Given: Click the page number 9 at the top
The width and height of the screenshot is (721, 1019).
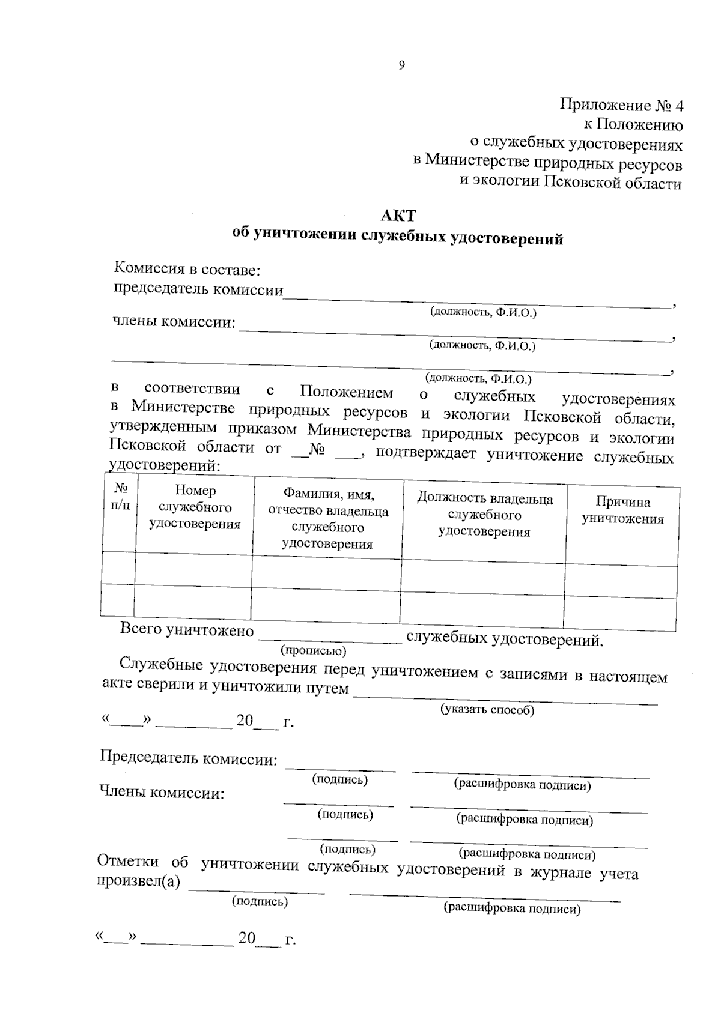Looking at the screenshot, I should (x=401, y=65).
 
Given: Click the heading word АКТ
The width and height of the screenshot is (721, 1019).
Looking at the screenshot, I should (x=398, y=215).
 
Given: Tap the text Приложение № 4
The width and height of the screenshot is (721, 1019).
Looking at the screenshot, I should (x=621, y=106).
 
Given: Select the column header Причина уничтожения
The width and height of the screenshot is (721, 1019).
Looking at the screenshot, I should (x=622, y=510).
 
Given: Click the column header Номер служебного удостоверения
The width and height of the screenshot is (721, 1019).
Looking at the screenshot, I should (x=195, y=507).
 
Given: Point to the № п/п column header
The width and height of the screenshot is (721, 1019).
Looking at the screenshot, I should (x=120, y=496).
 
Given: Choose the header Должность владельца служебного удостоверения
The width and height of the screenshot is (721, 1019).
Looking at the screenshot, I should (x=484, y=515).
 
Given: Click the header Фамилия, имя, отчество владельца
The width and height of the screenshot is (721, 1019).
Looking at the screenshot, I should (x=327, y=519).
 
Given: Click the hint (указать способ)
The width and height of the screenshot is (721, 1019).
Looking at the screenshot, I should (x=487, y=710).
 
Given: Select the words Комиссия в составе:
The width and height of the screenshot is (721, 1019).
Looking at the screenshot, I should (x=187, y=270).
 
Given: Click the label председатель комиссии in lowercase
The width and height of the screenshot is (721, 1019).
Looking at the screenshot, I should (x=198, y=289).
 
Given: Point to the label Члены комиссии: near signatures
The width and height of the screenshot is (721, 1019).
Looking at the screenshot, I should (x=162, y=793).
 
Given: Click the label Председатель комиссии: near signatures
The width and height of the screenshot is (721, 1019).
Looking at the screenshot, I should (x=189, y=759).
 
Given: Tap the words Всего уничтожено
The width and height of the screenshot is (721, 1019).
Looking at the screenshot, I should (x=187, y=630).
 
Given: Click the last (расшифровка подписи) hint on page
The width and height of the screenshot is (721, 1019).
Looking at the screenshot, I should (x=512, y=909).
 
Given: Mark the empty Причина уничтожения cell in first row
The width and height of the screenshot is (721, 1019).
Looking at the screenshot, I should (x=621, y=581).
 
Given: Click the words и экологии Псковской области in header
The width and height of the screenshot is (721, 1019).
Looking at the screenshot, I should (x=570, y=183).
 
